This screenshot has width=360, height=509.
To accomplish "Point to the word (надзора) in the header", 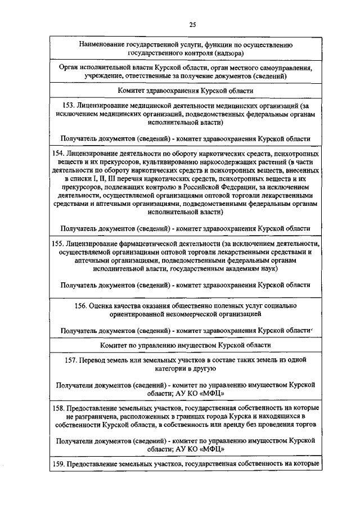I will (228, 53).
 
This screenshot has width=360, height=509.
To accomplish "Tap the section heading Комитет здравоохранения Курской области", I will (185, 90).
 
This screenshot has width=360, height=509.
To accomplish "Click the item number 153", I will (69, 105).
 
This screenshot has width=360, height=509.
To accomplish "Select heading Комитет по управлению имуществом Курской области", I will (185, 344).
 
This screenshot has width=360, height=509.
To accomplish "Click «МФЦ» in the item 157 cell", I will (211, 394).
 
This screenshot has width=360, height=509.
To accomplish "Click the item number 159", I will (57, 464).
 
